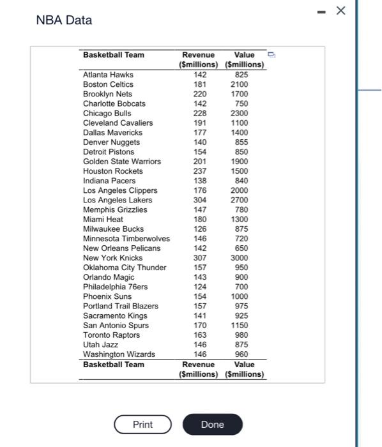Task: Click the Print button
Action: click(x=142, y=425)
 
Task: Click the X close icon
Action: click(x=340, y=11)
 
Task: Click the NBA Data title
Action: click(x=64, y=20)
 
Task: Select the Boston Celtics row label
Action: click(x=108, y=84)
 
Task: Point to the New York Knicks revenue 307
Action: click(x=199, y=258)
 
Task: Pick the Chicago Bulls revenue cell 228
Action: click(x=199, y=113)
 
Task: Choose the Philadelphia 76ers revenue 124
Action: click(x=199, y=287)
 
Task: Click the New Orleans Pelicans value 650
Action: click(x=241, y=248)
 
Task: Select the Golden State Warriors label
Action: click(x=122, y=162)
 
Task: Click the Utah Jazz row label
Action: click(x=100, y=345)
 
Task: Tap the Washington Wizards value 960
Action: click(x=241, y=354)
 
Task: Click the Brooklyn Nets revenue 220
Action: click(x=199, y=94)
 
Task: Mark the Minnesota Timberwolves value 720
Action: click(x=241, y=239)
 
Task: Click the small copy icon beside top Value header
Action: click(x=270, y=54)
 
